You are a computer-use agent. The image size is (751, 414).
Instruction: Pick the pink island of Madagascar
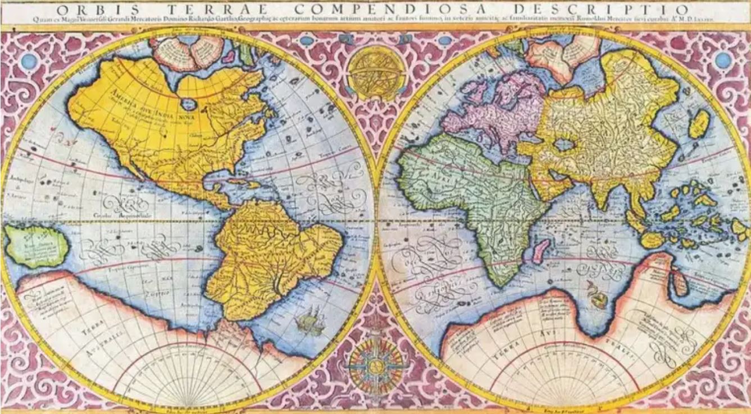pyautogui.click(x=540, y=249)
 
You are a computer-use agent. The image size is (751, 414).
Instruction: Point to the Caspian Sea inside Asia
pyautogui.click(x=564, y=145)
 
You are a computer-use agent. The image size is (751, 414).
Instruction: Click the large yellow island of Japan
pyautogui.click(x=699, y=123)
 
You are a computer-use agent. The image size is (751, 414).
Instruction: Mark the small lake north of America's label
pyautogui.click(x=189, y=104)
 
